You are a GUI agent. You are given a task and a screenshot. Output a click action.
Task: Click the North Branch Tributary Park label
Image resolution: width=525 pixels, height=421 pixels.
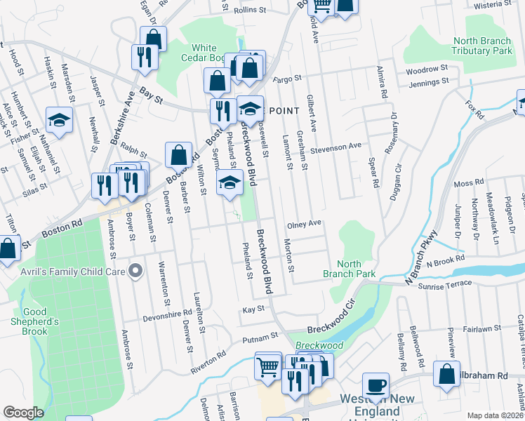tap(482, 46)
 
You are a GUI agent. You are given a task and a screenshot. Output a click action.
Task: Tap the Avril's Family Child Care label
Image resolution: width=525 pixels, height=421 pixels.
tap(86, 271)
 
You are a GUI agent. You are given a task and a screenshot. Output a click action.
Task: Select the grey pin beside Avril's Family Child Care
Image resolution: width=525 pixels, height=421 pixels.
tap(136, 271)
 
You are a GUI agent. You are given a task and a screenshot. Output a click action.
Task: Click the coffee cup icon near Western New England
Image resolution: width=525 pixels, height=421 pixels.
tap(376, 386)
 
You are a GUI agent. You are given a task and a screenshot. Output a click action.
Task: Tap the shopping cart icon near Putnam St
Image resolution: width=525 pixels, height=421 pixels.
tap(268, 366)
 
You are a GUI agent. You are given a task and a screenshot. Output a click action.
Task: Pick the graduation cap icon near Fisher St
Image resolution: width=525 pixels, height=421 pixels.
tap(60, 119)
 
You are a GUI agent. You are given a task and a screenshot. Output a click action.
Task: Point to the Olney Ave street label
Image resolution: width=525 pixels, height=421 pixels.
tap(305, 224)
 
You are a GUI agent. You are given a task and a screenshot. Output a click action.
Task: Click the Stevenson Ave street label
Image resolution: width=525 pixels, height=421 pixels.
tap(336, 145)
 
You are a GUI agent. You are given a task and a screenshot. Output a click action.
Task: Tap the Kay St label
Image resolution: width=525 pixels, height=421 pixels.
tap(253, 309)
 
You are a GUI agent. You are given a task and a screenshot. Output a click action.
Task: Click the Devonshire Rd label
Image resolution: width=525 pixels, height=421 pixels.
tap(168, 314)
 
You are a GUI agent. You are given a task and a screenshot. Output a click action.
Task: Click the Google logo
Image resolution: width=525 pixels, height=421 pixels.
tap(23, 413)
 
